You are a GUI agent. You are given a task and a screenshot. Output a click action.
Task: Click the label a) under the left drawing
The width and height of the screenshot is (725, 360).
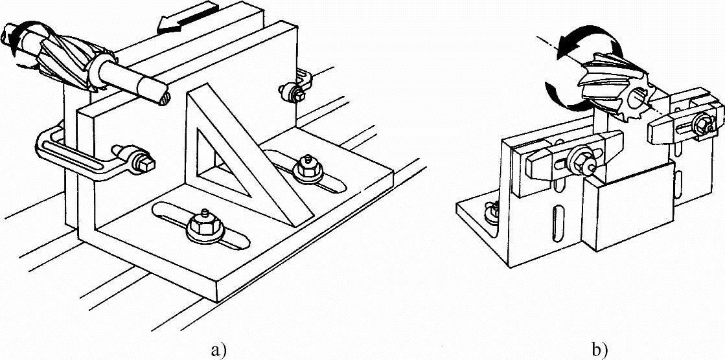coord(217,350)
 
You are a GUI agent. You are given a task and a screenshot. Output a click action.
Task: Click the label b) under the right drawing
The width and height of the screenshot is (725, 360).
coord(599,350)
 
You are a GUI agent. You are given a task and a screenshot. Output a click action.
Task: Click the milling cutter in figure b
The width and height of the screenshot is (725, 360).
coord(616,97)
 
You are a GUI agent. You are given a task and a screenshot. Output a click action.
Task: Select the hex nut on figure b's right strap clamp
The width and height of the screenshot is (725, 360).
coord(702,122)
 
